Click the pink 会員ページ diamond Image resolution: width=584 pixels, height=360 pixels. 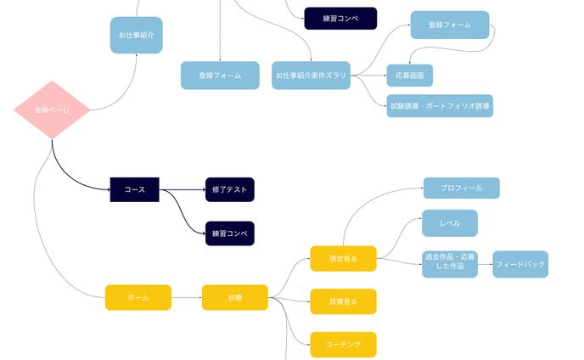click(52, 110)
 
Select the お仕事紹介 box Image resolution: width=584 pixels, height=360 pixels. click(136, 35)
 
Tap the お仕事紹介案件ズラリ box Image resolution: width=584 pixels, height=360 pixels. click(311, 76)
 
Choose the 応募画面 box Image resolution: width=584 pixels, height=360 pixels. click(409, 76)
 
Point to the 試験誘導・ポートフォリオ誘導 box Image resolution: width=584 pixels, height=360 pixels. click(439, 106)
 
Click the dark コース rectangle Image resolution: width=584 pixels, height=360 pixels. click(135, 190)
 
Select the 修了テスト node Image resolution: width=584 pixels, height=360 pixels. click(229, 190)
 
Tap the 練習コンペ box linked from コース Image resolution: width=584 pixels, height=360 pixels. click(229, 233)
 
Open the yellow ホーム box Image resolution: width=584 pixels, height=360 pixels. click(138, 297)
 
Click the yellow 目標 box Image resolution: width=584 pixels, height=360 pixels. click(234, 297)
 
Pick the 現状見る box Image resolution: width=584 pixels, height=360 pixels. click(343, 258)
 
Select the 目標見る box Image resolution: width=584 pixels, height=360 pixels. click(343, 301)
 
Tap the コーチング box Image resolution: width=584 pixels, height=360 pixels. click(343, 344)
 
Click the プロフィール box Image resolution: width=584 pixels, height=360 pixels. click(461, 188)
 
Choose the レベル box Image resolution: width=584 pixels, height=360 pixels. click(450, 222)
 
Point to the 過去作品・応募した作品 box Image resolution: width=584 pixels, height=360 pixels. click(450, 264)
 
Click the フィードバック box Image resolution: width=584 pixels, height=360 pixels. click(519, 264)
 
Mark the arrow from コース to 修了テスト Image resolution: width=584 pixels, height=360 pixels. click(182, 190)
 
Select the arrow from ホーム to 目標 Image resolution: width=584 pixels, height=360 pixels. click(187, 297)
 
